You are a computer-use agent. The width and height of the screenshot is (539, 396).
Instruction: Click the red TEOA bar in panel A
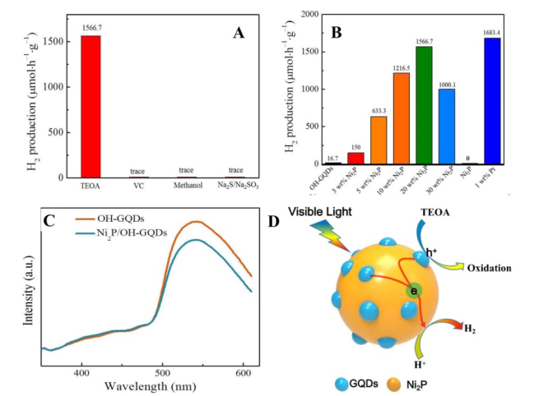[91, 106]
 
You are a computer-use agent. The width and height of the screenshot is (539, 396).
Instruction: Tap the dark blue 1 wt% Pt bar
[492, 101]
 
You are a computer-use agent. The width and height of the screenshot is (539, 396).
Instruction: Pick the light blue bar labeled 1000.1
[447, 127]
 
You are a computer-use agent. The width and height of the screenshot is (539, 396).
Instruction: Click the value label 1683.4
[491, 33]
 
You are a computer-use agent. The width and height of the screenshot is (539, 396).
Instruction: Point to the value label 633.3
[379, 111]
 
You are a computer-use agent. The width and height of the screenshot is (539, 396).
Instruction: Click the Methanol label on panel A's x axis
[188, 186]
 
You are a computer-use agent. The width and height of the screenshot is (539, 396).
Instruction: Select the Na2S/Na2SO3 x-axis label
[238, 186]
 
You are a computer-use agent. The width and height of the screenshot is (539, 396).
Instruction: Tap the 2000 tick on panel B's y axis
[309, 14]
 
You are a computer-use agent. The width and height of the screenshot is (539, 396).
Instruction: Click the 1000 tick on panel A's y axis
[53, 87]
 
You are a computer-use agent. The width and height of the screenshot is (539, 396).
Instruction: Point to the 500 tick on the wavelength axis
[162, 373]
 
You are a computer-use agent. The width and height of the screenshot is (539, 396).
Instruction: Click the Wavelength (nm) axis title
[151, 386]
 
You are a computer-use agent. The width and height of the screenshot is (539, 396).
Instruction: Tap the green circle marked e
[414, 291]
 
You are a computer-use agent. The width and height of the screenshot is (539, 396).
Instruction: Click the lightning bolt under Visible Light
[330, 235]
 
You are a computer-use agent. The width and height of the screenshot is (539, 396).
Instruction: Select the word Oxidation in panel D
[489, 268]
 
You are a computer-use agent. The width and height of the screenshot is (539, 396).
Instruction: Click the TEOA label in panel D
[435, 213]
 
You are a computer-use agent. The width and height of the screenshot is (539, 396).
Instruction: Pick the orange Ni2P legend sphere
[394, 384]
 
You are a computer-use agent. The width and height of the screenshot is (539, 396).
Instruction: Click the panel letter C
[49, 221]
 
